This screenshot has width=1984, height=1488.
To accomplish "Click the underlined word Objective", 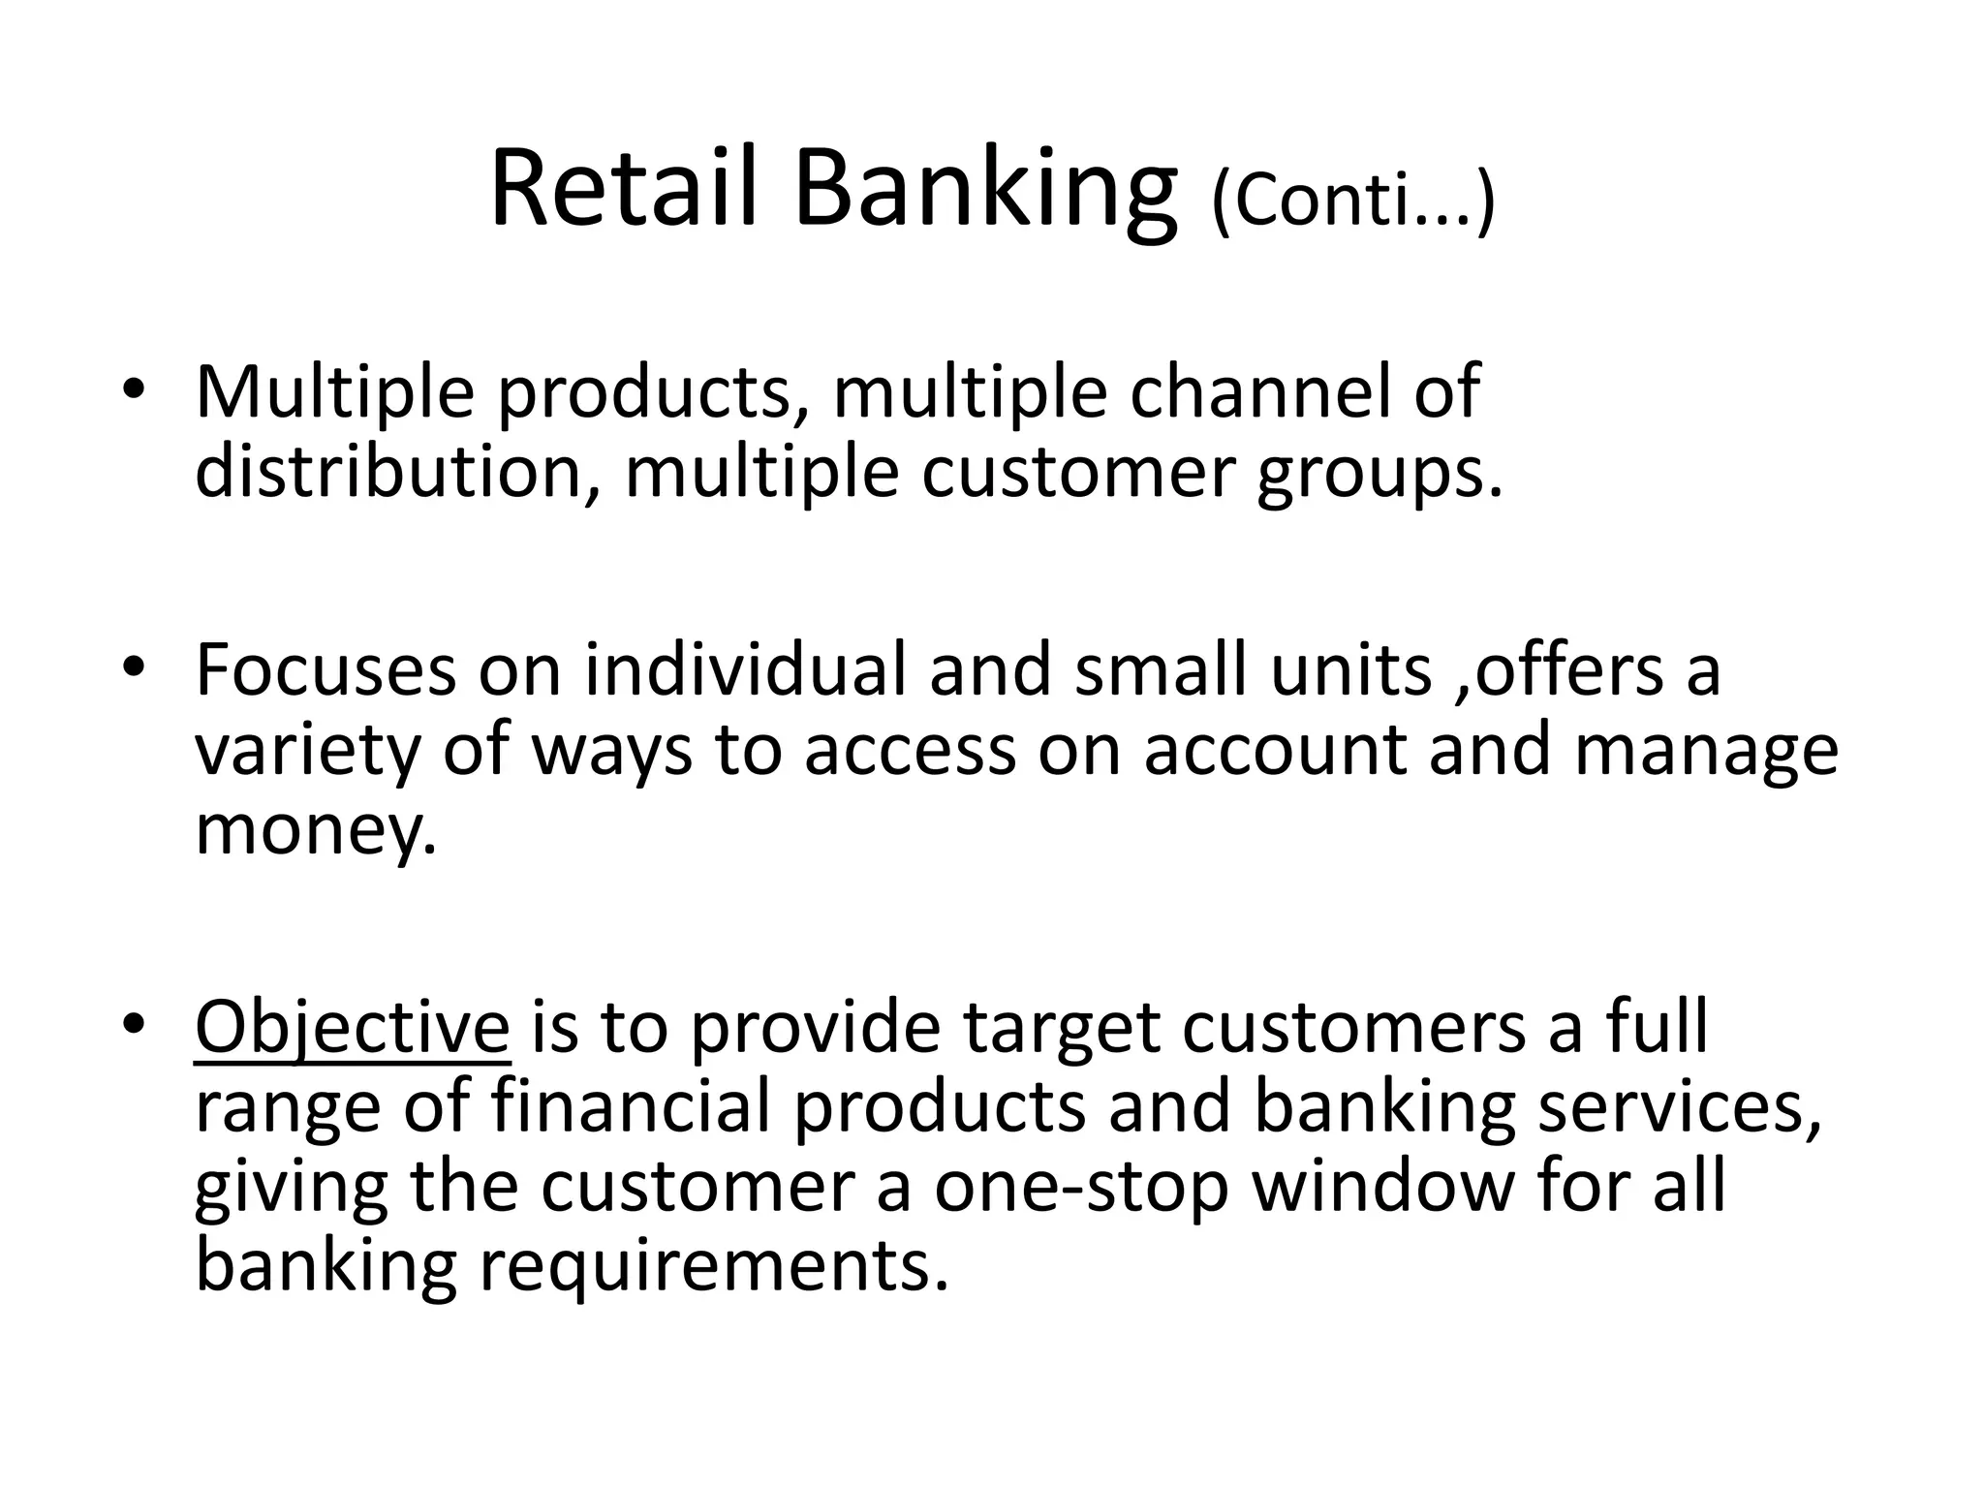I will coord(352,1029).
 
